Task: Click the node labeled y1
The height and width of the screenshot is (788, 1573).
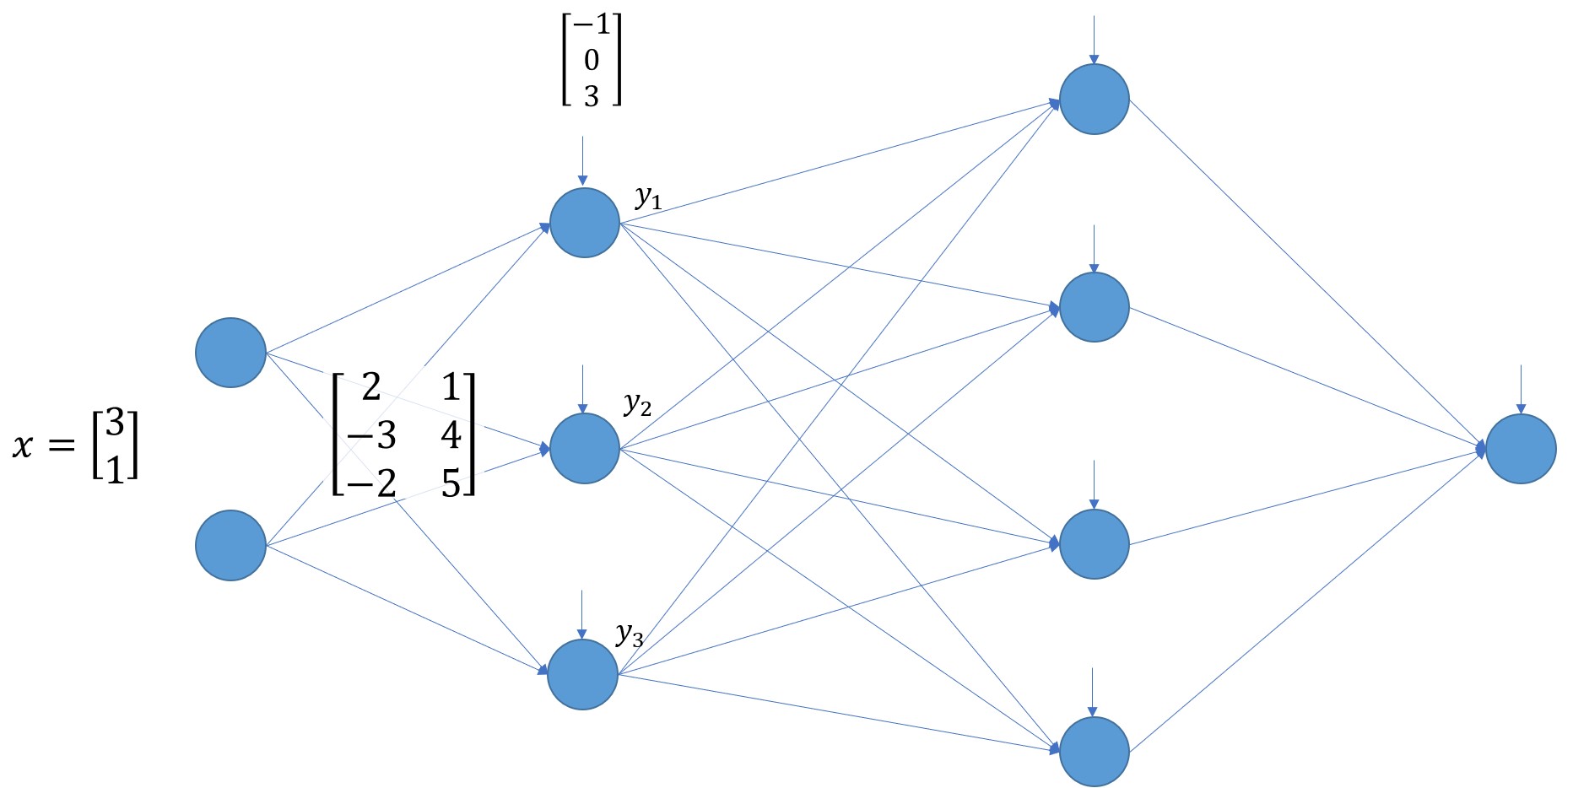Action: click(x=585, y=223)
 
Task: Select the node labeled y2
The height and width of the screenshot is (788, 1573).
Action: click(x=585, y=448)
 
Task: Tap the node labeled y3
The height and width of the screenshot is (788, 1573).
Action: click(x=583, y=674)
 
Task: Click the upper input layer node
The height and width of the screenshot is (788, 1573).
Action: click(x=230, y=353)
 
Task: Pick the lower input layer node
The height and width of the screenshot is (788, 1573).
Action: click(x=230, y=545)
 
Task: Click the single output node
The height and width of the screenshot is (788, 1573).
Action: click(x=1521, y=448)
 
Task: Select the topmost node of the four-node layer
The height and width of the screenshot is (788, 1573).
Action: click(x=1095, y=99)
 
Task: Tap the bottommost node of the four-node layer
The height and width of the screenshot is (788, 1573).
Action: click(x=1095, y=751)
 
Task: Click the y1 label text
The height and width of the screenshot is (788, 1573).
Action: click(x=648, y=197)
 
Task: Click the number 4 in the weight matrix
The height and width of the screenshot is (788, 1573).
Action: click(x=451, y=435)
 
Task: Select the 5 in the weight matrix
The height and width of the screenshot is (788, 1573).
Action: click(x=451, y=483)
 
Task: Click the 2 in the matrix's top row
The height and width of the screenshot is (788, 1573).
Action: click(x=371, y=387)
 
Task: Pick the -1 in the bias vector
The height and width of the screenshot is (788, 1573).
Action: click(x=592, y=24)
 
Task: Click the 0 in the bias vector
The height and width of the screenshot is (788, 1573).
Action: click(x=592, y=60)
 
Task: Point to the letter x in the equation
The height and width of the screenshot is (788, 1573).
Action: click(x=23, y=446)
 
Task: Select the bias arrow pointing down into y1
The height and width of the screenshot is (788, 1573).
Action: click(x=582, y=160)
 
